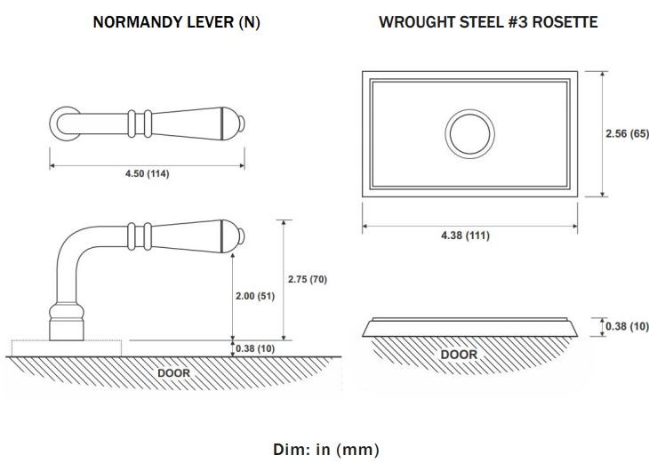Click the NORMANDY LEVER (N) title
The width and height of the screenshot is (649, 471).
click(176, 22)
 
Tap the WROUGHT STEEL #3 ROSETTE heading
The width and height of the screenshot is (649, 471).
click(488, 22)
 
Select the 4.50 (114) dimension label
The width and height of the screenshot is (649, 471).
click(148, 173)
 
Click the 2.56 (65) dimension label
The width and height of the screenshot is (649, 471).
click(627, 133)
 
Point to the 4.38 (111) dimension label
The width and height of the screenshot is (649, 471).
click(465, 235)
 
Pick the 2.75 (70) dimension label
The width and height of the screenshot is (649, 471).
click(308, 279)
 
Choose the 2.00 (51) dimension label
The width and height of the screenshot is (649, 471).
click(255, 296)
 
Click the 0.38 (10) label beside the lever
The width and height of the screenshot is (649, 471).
click(255, 348)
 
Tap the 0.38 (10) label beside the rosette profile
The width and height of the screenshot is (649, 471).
click(627, 326)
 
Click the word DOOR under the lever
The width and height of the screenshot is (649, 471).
click(174, 373)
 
